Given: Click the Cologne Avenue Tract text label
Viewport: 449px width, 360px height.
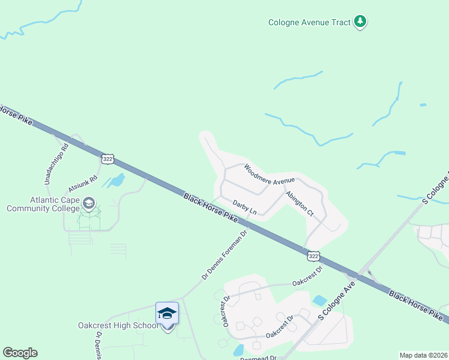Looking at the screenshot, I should coord(309,23).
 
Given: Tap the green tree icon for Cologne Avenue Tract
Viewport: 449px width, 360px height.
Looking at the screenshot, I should coord(360,22).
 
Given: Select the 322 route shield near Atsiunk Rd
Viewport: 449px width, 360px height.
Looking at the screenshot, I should coord(107,158).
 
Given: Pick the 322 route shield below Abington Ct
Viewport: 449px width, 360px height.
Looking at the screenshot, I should coord(313,256).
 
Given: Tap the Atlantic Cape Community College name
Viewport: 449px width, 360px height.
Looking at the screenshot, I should coord(43,205).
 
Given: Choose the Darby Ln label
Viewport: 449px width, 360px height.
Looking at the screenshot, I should coord(244,208).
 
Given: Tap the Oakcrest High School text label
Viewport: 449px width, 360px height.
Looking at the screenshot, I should coord(118,325).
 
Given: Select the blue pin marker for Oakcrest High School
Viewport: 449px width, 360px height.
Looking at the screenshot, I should coord(167,316).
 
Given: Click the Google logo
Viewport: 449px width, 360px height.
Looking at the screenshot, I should coord(20,353).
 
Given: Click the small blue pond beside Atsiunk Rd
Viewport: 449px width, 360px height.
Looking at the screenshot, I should coord(115,179).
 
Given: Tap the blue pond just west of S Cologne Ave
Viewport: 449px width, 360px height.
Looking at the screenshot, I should coord(319,300).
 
